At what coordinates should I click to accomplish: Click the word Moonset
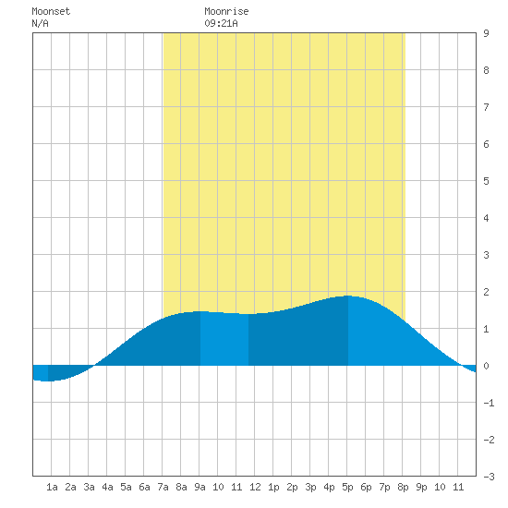coord(51,11)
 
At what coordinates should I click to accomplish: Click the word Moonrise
coord(226,11)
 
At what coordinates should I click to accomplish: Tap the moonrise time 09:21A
coord(221,23)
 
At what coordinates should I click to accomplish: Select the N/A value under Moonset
coord(40,23)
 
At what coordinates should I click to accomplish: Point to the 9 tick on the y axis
coord(486,33)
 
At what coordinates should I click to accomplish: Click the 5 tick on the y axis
coord(486,181)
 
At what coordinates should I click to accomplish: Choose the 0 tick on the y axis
coord(486,366)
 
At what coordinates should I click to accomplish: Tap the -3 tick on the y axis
coord(489,477)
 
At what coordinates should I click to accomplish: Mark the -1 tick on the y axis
coord(489,403)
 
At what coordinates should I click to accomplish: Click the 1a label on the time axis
coord(52,487)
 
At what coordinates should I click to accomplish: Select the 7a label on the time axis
coord(163,487)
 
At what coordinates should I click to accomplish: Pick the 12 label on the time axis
coord(255,487)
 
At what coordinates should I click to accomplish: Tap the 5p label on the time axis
coord(347,487)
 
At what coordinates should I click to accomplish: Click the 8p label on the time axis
coord(403,487)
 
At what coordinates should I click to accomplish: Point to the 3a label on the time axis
coord(89,487)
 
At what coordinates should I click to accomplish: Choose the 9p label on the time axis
coord(421,487)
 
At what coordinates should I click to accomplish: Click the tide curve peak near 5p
coord(348,296)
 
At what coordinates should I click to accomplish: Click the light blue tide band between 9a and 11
coord(224,339)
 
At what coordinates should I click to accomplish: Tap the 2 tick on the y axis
coord(486,292)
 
